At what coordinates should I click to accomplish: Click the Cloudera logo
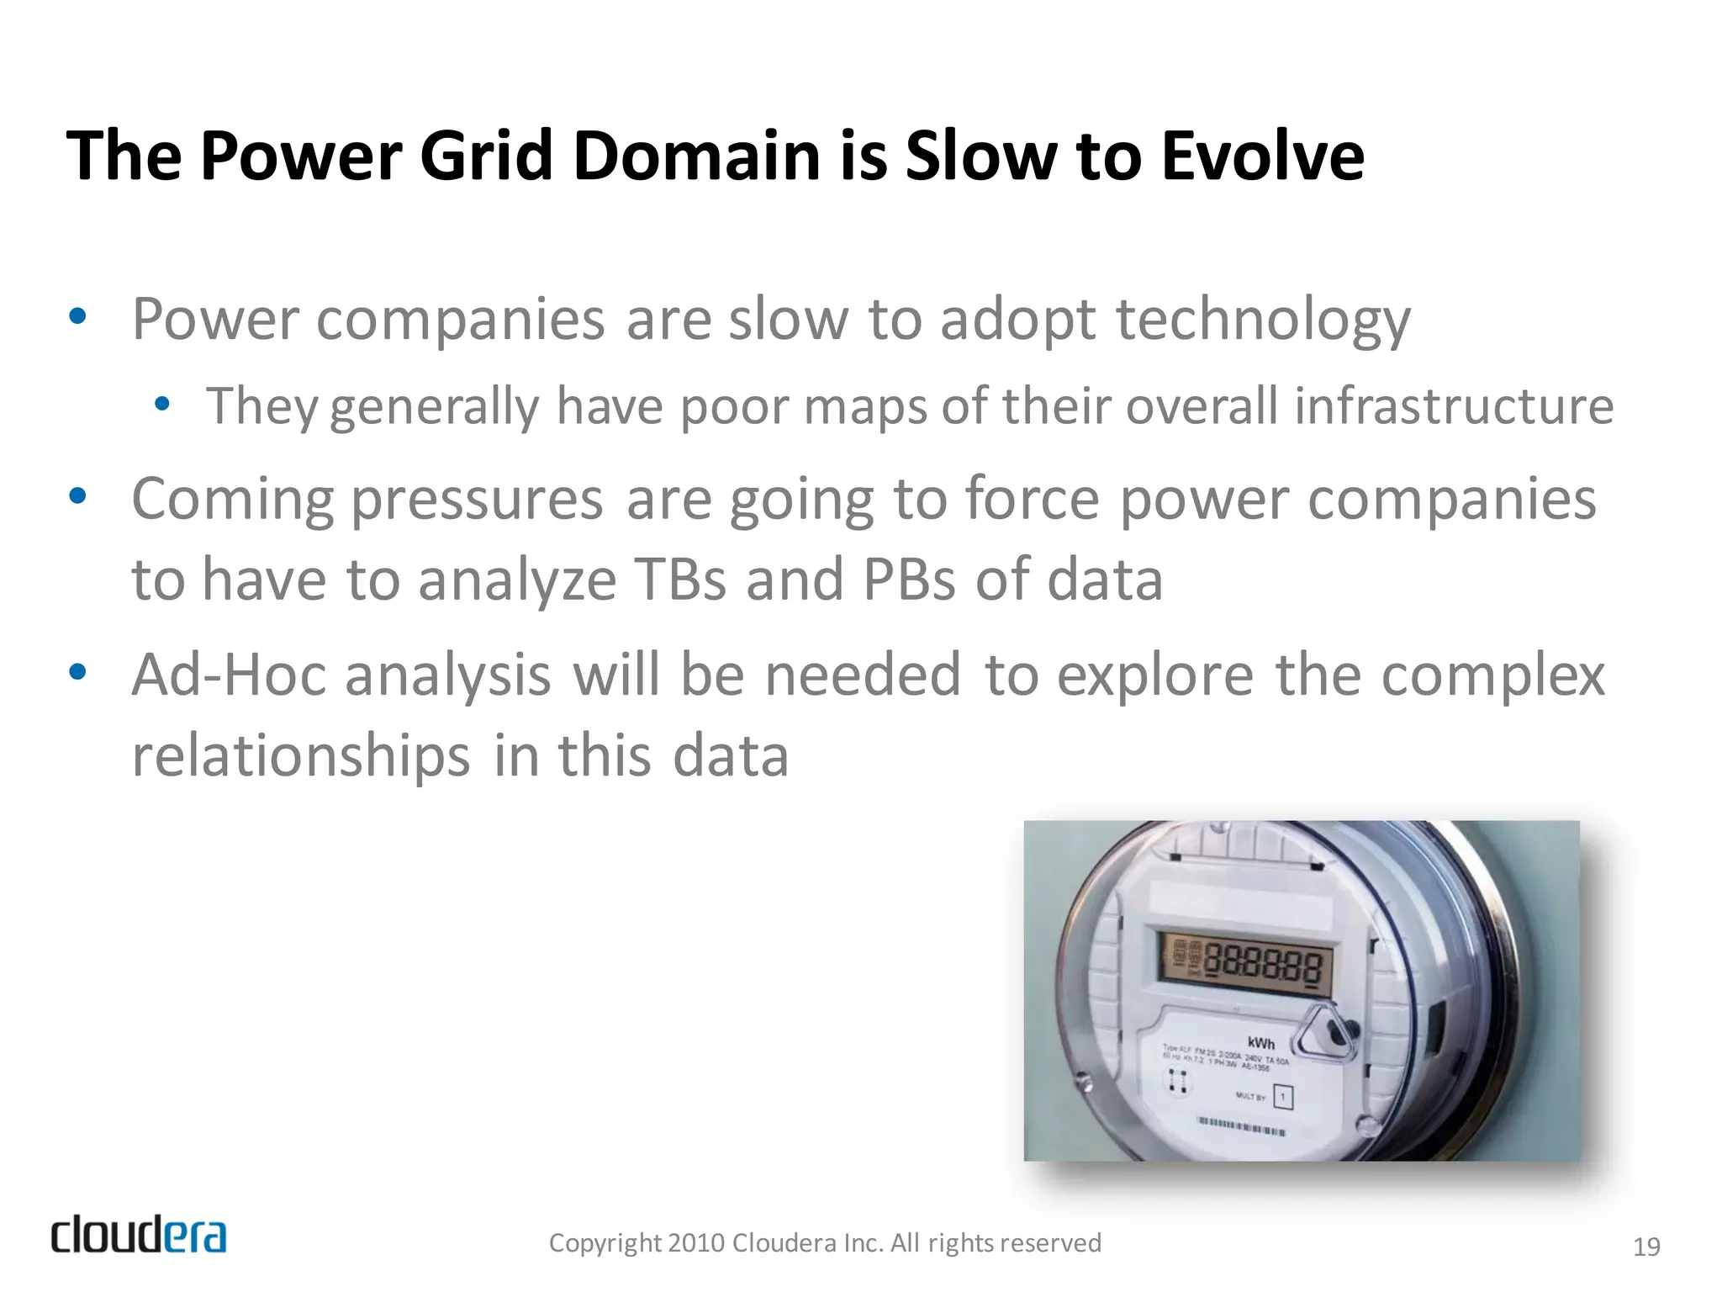click(x=139, y=1235)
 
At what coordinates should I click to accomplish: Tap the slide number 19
click(x=1645, y=1247)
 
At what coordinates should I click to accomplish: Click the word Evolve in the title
click(x=1262, y=156)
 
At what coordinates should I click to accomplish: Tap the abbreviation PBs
click(x=909, y=580)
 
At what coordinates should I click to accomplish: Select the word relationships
click(x=301, y=755)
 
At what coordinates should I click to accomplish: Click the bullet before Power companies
click(x=77, y=317)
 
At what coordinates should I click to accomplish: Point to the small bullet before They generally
click(x=162, y=405)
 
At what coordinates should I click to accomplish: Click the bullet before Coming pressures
click(x=77, y=496)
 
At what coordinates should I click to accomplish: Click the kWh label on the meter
click(x=1260, y=1044)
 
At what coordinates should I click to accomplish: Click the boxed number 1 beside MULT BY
click(x=1282, y=1097)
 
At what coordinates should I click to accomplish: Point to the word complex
click(x=1493, y=675)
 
